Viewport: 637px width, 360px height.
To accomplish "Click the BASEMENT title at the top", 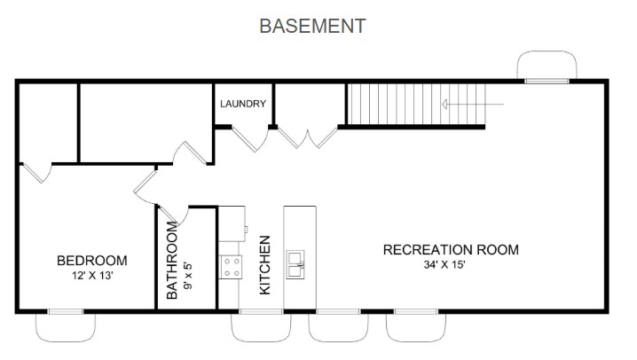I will pos(311,26).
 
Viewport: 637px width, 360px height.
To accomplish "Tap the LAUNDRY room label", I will pos(243,104).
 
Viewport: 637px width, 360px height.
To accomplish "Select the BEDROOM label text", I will pos(91,261).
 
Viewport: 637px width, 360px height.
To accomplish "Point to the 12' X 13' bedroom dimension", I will pos(91,276).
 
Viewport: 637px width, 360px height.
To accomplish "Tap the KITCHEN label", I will pos(264,265).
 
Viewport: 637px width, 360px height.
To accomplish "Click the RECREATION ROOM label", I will pos(451,249).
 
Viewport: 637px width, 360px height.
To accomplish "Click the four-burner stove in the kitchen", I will pos(232,265).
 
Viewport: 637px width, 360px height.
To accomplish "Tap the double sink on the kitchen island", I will pos(296,262).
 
